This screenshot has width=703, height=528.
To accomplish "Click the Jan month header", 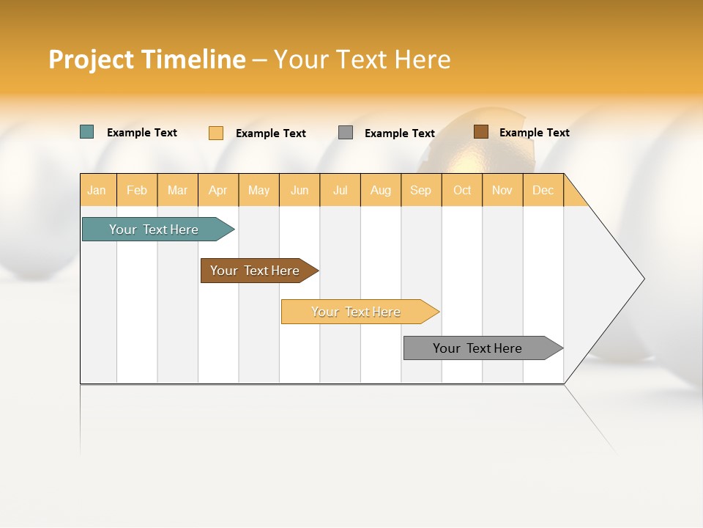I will click(x=97, y=190).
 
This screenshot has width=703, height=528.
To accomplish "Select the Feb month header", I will click(x=137, y=190).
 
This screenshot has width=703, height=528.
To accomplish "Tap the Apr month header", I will click(x=218, y=190).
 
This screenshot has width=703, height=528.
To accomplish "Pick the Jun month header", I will click(x=300, y=190).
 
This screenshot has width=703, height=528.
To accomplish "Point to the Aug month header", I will click(x=381, y=190).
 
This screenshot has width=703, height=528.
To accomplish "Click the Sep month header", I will click(x=421, y=190).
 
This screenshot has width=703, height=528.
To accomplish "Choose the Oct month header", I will click(x=462, y=190).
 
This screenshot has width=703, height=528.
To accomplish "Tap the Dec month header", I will click(x=543, y=190).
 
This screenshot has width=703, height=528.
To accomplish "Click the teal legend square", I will click(x=87, y=132).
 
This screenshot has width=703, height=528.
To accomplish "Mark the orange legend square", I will click(x=216, y=133).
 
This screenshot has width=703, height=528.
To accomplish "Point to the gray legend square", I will click(x=346, y=133).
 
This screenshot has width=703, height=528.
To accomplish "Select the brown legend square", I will click(x=480, y=132).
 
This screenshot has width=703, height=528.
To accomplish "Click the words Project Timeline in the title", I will click(x=146, y=59).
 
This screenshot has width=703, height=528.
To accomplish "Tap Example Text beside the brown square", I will click(x=534, y=133).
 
